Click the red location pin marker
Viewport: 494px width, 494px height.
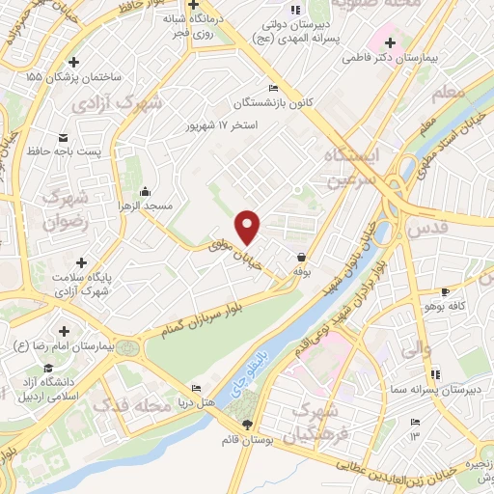coord(249,227)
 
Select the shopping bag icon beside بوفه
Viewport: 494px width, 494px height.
coord(303,258)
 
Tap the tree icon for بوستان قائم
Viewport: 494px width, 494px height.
coord(247,425)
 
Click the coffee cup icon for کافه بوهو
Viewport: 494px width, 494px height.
coord(445,291)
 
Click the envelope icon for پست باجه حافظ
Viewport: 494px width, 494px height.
coord(64,136)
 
